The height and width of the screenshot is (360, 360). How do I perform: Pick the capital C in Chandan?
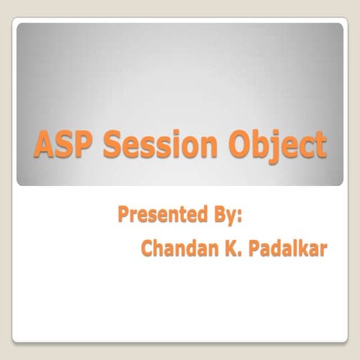coord(148,249)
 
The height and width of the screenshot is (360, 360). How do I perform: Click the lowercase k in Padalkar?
coord(304,249)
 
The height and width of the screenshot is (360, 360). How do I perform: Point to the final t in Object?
coord(320,144)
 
